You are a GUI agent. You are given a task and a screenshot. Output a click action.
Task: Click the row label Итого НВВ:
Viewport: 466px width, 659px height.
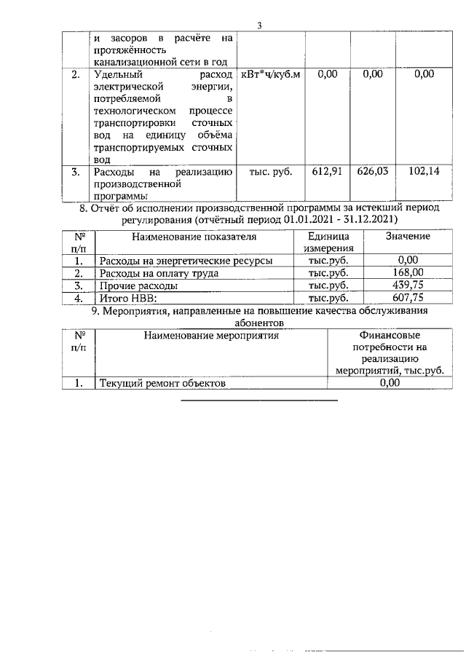point(128,299)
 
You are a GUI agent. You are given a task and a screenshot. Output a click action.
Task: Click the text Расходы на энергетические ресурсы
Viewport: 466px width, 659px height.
point(186,260)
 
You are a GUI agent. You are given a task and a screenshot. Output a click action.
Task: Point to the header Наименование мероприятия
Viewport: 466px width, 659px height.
point(211,336)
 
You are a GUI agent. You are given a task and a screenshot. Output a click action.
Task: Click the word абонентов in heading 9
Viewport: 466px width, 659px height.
point(258,323)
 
